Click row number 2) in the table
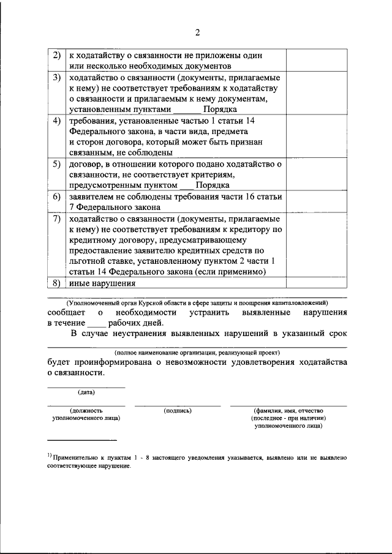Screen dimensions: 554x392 [x=56, y=55]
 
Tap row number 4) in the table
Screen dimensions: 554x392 [x=56, y=121]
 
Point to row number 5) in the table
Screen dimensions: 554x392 [x=56, y=164]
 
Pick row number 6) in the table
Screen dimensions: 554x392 [x=56, y=197]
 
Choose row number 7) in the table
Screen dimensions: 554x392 [x=56, y=218]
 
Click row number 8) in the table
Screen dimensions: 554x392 [x=56, y=283]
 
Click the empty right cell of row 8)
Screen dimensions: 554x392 [x=317, y=283]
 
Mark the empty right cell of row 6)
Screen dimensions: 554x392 [x=317, y=201]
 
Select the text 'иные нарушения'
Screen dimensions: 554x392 [x=102, y=283]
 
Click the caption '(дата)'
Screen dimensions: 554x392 [x=86, y=392]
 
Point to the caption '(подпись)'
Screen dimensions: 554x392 [x=178, y=411]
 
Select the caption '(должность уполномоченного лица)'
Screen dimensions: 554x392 [x=86, y=414]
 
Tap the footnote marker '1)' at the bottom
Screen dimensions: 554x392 [x=50, y=456]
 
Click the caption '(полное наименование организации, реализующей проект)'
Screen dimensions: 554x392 [x=197, y=353]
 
